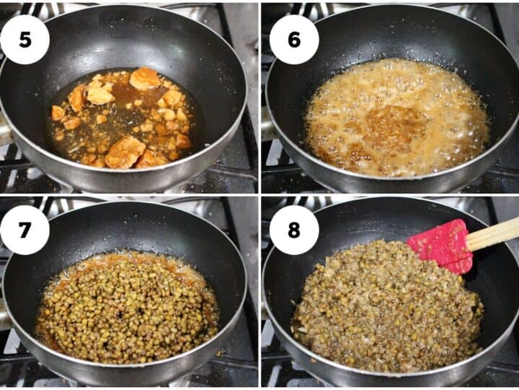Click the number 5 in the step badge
pos(25,40)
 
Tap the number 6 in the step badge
pos(294,40)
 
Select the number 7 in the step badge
pos(25,230)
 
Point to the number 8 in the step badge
pos(294,230)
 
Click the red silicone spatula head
pos(441,246)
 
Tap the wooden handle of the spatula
pos(493,233)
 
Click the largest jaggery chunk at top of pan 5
pos(145,79)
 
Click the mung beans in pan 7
pos(128,308)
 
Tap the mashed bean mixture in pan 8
pos(386,307)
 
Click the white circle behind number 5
pos(25,40)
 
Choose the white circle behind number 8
pos(294,230)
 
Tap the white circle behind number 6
pos(294,40)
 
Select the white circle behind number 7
pos(25,230)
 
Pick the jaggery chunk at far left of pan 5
pos(58,113)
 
